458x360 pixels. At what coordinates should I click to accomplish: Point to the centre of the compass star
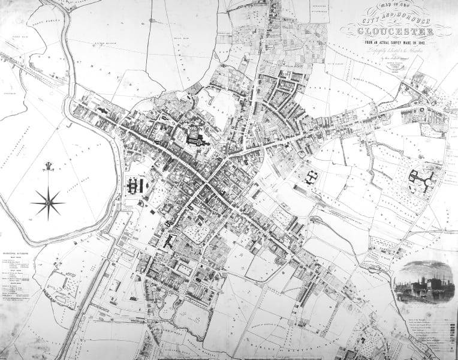coord(48,202)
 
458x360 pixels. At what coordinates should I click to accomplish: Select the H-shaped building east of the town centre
coord(312,176)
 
